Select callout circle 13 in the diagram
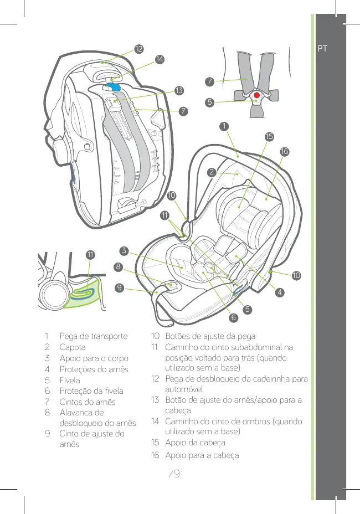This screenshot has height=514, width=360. point(179,90)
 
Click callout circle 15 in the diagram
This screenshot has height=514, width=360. point(269,136)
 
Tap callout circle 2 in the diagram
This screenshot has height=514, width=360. point(212,172)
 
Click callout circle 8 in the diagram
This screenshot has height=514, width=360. point(119,267)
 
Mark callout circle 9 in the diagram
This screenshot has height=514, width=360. point(119,287)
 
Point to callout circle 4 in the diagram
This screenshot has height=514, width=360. point(281,291)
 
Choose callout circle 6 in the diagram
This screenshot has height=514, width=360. point(233,317)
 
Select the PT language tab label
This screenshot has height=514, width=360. point(323,48)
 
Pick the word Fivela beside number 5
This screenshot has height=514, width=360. point(70,381)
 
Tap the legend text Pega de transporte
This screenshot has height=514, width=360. point(94,336)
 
